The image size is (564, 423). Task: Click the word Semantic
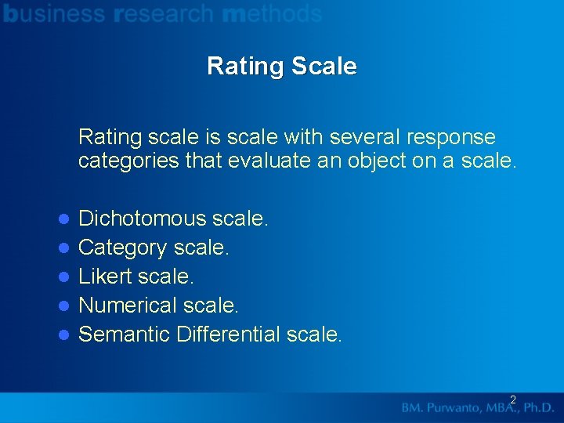(125, 334)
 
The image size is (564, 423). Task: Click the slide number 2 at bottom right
(512, 400)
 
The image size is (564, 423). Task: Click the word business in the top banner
(54, 13)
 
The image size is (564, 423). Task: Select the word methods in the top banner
(272, 13)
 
